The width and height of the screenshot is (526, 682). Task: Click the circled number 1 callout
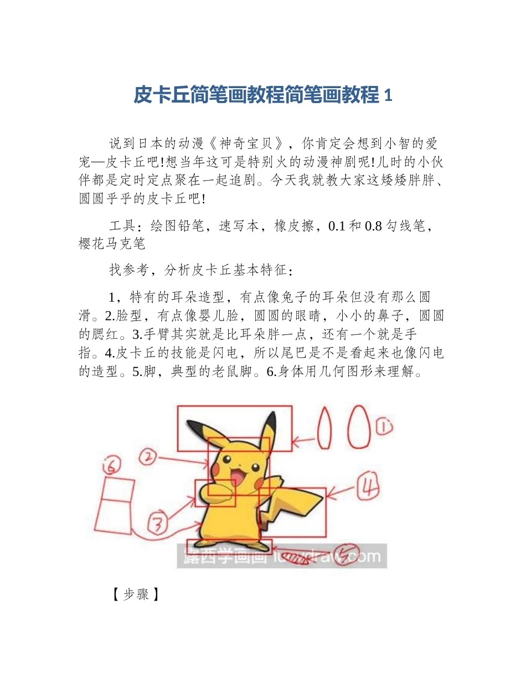click(384, 427)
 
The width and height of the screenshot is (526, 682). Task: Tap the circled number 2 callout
click(147, 457)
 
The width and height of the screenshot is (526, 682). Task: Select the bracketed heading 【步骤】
click(135, 595)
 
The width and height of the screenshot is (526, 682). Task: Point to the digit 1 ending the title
click(388, 96)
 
